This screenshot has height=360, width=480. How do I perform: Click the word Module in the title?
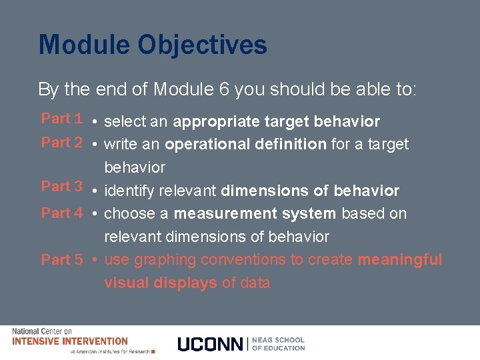83,45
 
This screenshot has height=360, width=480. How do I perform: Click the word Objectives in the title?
203,45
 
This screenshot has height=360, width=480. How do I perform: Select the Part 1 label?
61,119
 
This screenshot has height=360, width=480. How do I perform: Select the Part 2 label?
61,143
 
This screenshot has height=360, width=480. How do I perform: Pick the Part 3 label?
61,187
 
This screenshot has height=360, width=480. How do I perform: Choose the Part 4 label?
61,213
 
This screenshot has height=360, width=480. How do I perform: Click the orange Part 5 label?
61,260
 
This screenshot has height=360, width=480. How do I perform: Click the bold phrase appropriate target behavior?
276,122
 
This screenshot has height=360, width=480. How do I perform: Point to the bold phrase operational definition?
245,144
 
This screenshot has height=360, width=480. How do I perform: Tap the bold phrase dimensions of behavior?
310,191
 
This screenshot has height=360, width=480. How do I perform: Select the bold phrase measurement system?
255,214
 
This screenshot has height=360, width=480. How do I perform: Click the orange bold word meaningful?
400,259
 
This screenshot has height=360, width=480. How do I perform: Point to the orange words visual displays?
161,283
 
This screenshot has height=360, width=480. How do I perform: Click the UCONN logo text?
211,344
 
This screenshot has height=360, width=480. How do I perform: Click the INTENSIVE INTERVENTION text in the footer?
70,341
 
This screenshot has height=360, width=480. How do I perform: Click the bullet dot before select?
97,122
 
